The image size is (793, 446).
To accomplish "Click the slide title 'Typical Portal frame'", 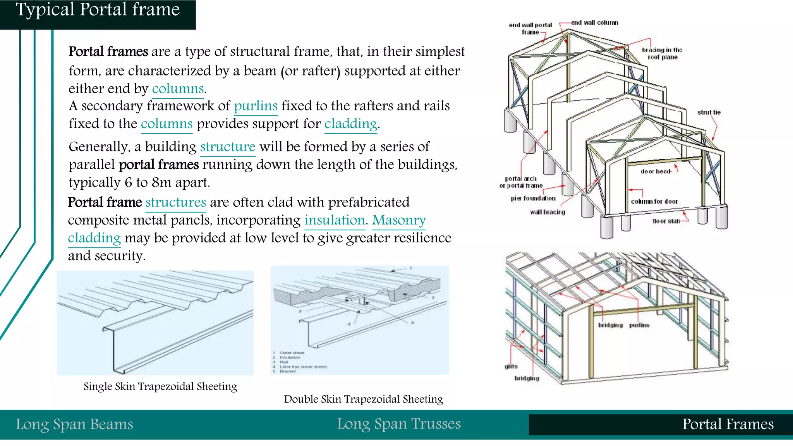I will coord(98,10).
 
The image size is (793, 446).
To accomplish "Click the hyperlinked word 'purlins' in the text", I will coord(256,106).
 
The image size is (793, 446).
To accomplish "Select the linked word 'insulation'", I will coord(335,220).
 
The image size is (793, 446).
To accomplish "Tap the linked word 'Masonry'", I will coord(399,220).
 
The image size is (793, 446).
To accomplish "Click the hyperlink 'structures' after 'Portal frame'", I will coord(175,202).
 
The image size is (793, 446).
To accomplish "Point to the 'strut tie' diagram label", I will coord(709,112).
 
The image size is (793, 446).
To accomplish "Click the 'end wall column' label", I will coord(594,23).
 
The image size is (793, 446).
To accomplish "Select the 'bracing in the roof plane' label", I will coord(662,53).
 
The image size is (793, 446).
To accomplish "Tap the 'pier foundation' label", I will coord(533,198).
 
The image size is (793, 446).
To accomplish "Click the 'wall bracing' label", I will coord(547,212).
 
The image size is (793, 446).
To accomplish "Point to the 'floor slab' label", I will coord(666,221).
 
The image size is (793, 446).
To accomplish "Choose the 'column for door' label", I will coord(654,201).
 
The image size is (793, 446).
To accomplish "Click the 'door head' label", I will coord(655,172).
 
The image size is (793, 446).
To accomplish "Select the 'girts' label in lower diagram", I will coord(511,366).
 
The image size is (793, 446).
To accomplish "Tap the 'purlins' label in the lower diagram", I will coord(639,325).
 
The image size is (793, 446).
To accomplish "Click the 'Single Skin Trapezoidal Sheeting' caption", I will coord(160,386).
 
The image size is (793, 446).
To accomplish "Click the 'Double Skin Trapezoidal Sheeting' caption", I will coord(363,399).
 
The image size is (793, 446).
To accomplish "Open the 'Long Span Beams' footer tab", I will coord(74,424).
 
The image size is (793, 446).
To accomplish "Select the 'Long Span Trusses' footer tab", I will coord(399,424).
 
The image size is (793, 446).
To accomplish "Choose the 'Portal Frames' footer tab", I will coord(728,424).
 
